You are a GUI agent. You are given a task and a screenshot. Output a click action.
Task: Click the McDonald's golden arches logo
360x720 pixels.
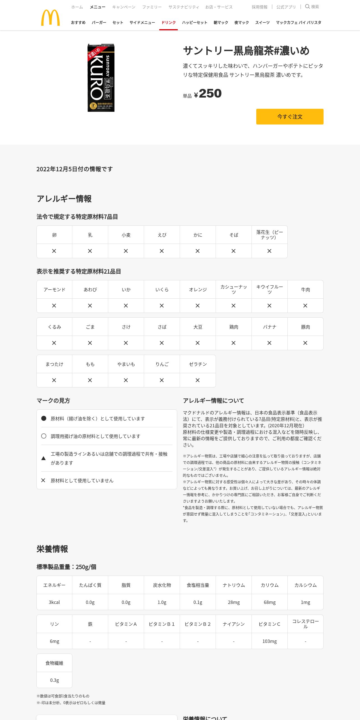[x=50, y=18]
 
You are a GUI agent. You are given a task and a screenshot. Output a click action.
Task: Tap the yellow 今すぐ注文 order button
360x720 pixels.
[x=290, y=117]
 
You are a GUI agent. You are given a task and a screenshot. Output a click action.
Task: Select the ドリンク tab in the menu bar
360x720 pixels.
[x=169, y=22]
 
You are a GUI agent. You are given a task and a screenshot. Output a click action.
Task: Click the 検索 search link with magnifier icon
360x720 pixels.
[x=312, y=7]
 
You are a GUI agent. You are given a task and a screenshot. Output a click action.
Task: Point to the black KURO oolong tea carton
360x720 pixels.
[x=101, y=78]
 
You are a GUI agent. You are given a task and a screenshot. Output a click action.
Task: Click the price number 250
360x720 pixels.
[x=210, y=93]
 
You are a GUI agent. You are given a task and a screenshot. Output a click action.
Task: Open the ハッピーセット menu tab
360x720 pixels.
[x=195, y=22]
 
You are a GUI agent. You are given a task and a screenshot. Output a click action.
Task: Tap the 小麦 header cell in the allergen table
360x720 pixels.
[x=126, y=235]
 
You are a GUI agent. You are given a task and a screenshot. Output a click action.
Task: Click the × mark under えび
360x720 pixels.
[x=162, y=251]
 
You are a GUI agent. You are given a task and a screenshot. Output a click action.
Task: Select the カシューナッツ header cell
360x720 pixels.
[x=234, y=289]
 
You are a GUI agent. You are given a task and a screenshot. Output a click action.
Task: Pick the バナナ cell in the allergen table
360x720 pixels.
[x=269, y=327]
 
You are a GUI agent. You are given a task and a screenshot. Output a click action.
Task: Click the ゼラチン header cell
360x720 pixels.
[x=198, y=364]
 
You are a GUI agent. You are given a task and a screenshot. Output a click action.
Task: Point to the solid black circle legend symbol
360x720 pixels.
[x=44, y=418]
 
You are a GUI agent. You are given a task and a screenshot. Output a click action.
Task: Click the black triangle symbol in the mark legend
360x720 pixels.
[x=43, y=458]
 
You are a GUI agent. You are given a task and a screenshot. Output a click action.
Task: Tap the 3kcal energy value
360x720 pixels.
[x=54, y=602]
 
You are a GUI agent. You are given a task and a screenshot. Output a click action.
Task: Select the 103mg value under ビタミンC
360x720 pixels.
[x=269, y=641]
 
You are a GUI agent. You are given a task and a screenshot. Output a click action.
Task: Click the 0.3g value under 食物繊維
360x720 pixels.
[x=54, y=680]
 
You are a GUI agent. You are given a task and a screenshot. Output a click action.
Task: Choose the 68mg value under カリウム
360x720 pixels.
[x=269, y=602]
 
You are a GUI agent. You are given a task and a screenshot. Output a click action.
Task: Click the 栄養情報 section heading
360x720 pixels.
[x=52, y=549]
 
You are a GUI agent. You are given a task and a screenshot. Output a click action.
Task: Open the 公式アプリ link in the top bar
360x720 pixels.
[x=286, y=7]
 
